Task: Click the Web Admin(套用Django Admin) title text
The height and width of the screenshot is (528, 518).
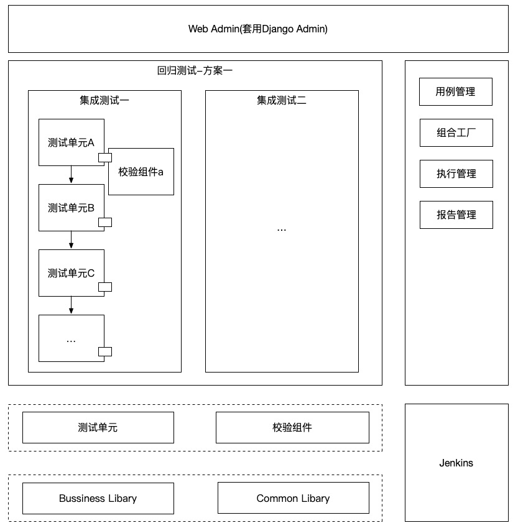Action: coord(258,29)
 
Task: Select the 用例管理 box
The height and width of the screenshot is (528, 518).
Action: coord(456,91)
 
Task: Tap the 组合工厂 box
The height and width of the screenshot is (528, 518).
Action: coord(456,132)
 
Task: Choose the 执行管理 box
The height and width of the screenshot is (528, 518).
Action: coord(456,174)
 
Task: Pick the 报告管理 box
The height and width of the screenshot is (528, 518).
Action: coord(456,215)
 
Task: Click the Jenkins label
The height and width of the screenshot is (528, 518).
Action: coord(456,463)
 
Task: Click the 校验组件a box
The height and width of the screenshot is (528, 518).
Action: coord(141,172)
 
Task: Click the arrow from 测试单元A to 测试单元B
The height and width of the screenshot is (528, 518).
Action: coord(72,175)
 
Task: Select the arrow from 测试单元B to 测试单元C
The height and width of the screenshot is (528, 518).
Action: coord(72,240)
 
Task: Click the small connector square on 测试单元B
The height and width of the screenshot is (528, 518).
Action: coord(104,222)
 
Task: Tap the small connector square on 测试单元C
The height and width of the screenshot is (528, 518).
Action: coord(104,287)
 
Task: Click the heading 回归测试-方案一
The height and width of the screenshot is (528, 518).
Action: coord(195,71)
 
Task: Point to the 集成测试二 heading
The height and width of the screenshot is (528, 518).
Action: coord(282,100)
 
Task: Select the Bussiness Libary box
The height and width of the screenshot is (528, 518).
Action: coord(98,498)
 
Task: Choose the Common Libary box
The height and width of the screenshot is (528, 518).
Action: coord(293,498)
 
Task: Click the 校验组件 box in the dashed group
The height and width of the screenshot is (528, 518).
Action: coord(292,427)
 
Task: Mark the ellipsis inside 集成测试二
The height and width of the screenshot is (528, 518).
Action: coord(282,229)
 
